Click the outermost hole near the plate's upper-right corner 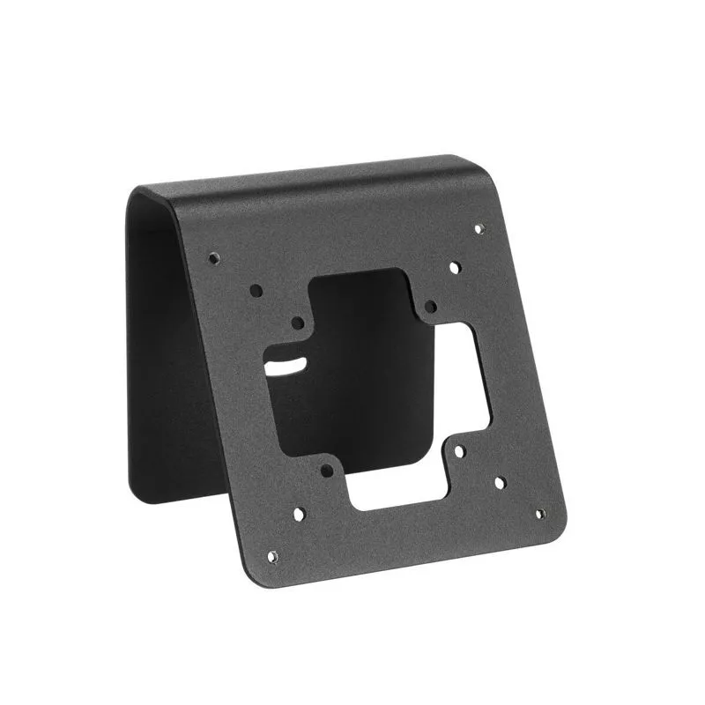[479, 229]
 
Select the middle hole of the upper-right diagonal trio [455, 266]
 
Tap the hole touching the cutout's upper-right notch [430, 307]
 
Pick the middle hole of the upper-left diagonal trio [256, 289]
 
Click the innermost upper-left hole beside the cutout [298, 323]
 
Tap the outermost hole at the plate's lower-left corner [272, 556]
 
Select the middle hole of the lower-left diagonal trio [298, 512]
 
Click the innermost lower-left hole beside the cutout [326, 470]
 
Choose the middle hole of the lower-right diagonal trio [499, 482]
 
